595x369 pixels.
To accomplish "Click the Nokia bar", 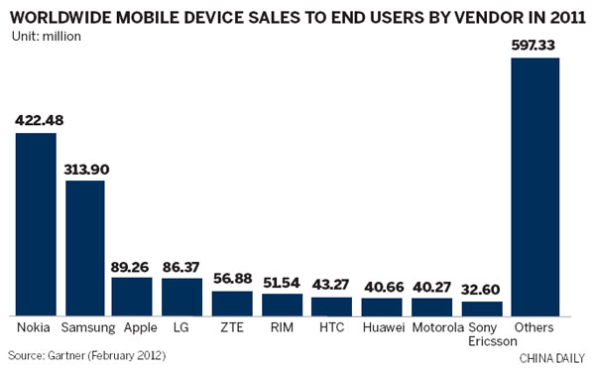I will pyautogui.click(x=36, y=223).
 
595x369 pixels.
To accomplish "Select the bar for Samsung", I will pyautogui.click(x=85, y=247).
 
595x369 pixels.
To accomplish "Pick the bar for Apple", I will pyautogui.click(x=132, y=296).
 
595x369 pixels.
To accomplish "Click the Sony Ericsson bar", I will pyautogui.click(x=483, y=307).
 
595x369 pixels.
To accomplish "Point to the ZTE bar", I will pyautogui.click(x=232, y=302).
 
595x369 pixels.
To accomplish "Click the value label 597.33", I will pyautogui.click(x=535, y=46).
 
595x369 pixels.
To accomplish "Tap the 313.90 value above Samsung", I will pyautogui.click(x=85, y=170).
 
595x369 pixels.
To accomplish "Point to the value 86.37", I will pyautogui.click(x=182, y=267).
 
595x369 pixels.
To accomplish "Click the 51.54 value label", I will pyautogui.click(x=282, y=282).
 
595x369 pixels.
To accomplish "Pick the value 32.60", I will pyautogui.click(x=483, y=291).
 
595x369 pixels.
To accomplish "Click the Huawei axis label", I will pyautogui.click(x=382, y=326).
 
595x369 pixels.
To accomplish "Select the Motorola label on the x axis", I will pyautogui.click(x=432, y=326).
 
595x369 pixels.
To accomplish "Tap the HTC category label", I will pyautogui.click(x=332, y=326).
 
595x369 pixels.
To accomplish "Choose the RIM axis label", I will pyautogui.click(x=282, y=326).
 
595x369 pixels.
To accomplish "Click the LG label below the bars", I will pyautogui.click(x=182, y=326).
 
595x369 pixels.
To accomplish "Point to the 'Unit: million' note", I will pyautogui.click(x=46, y=37).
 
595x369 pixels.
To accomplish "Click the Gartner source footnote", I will pyautogui.click(x=83, y=354).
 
